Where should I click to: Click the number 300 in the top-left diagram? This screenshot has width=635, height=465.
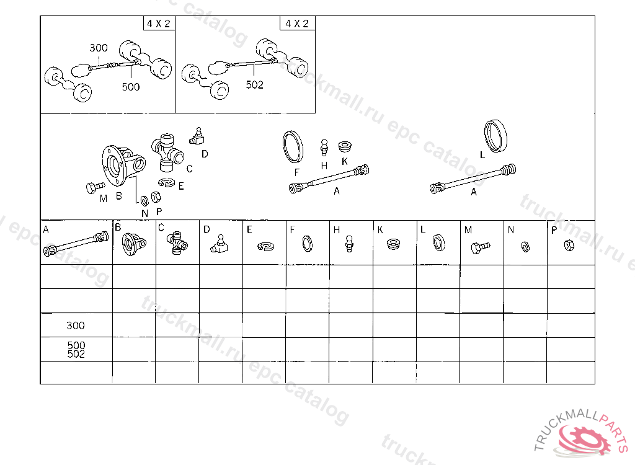coord(99,48)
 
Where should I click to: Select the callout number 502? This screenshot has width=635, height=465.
coord(254,85)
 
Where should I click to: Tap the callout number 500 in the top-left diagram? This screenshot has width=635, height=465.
coord(131,87)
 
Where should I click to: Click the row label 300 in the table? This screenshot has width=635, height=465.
coord(76,325)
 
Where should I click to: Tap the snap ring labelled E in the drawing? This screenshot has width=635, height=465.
coord(166,182)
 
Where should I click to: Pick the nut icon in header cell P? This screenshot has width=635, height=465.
coord(567,246)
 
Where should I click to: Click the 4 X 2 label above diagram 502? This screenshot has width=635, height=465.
coord(297,24)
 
